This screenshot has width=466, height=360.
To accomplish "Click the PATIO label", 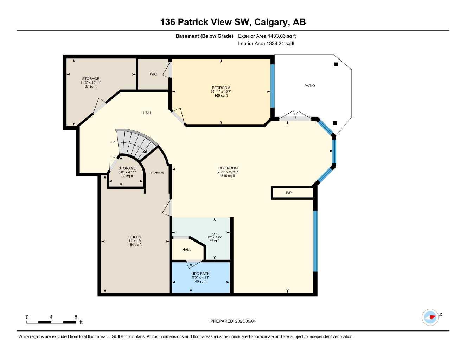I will [309, 86].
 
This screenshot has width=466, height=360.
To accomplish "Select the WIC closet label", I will [153, 74].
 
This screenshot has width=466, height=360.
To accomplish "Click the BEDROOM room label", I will [221, 88].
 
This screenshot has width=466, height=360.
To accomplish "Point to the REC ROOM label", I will [228, 168].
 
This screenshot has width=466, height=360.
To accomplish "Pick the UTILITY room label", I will [135, 237].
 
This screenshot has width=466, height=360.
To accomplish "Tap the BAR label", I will [214, 234].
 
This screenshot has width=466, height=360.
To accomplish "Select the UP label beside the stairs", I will [112, 142].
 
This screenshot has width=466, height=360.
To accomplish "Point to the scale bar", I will [51, 322].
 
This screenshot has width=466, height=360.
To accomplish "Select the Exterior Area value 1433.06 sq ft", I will [282, 36].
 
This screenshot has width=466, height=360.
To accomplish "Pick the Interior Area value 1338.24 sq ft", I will [281, 44].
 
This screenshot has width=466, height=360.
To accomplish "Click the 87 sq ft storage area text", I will [90, 86].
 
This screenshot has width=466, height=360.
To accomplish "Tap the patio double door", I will [296, 116].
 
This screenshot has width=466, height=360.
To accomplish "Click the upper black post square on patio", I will [336, 64].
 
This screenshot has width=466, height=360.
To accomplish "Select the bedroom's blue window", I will [272, 86].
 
